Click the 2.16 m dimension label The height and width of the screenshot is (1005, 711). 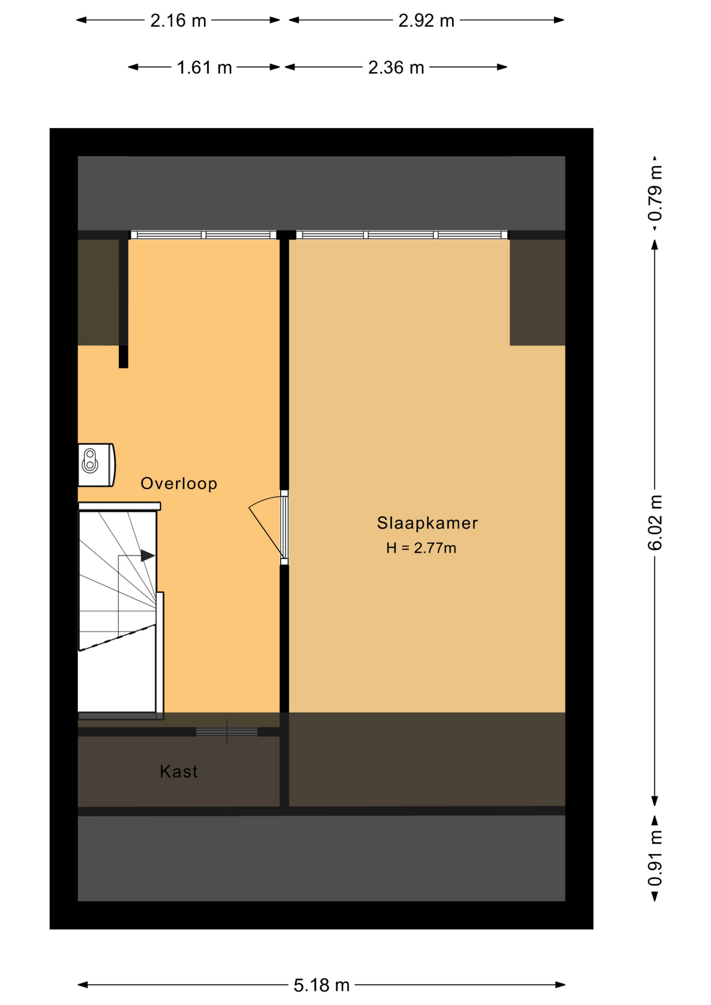pyautogui.click(x=178, y=20)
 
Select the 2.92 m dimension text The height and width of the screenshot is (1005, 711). pyautogui.click(x=426, y=20)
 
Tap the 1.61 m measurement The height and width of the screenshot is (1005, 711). pyautogui.click(x=204, y=68)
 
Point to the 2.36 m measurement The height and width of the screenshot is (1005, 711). pyautogui.click(x=396, y=68)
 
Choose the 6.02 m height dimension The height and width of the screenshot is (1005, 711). pyautogui.click(x=655, y=522)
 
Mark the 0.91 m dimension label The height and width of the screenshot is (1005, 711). pyautogui.click(x=655, y=858)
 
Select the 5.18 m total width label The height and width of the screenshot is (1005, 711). pyautogui.click(x=321, y=986)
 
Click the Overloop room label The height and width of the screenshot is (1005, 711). pyautogui.click(x=179, y=483)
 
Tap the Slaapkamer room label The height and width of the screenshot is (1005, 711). pyautogui.click(x=427, y=523)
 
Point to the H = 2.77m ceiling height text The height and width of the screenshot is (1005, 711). pyautogui.click(x=421, y=548)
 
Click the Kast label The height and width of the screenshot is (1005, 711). pyautogui.click(x=179, y=772)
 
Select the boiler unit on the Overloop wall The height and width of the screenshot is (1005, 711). pyautogui.click(x=96, y=465)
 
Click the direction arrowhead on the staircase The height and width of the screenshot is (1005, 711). pyautogui.click(x=148, y=555)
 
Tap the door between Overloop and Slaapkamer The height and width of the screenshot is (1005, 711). pyautogui.click(x=284, y=528)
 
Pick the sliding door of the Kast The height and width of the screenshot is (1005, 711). pyautogui.click(x=227, y=732)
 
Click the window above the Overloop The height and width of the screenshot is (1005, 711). pyautogui.click(x=203, y=235)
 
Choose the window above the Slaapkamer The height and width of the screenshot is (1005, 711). pyautogui.click(x=402, y=235)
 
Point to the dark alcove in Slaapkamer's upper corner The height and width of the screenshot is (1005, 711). pyautogui.click(x=537, y=292)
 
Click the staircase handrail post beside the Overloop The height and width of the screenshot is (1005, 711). pyautogui.click(x=160, y=655)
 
